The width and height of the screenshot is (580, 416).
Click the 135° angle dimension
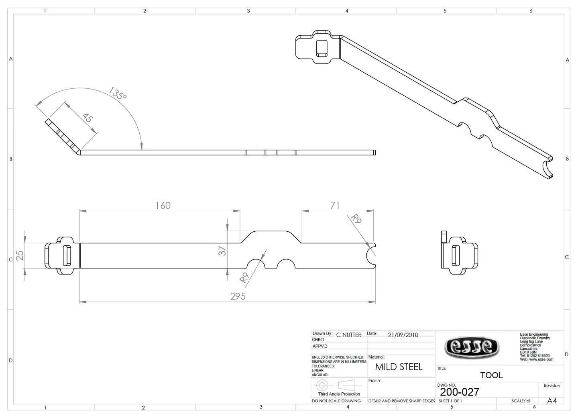click(118, 94)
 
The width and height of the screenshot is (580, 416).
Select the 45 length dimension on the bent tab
click(88, 118)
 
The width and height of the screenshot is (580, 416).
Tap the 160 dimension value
click(163, 206)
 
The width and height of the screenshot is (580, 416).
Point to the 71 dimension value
click(335, 206)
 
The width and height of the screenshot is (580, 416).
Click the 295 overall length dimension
click(238, 296)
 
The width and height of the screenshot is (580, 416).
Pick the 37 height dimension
click(222, 251)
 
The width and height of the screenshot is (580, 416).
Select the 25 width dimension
click(20, 255)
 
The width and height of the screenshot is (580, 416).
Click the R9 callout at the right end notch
click(356, 219)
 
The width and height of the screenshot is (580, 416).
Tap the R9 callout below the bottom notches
click(244, 277)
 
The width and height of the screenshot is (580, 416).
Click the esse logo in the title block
click(472, 347)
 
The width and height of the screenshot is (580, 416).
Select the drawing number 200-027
click(460, 392)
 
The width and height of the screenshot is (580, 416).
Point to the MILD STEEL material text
click(399, 367)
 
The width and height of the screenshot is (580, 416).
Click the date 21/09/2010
click(403, 335)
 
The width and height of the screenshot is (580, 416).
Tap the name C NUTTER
click(348, 335)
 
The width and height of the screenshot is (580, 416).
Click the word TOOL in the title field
click(491, 375)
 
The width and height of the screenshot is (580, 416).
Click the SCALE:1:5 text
click(521, 401)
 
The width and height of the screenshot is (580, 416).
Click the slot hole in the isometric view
click(322, 48)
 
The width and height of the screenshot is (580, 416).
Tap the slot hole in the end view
click(456, 255)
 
